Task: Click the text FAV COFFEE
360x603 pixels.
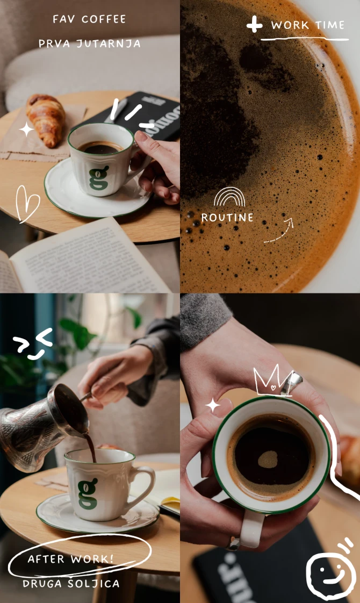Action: click(89, 19)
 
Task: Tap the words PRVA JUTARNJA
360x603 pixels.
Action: click(89, 44)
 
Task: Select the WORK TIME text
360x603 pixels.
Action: click(308, 25)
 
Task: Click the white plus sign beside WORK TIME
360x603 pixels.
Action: click(255, 25)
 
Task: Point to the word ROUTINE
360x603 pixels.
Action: click(227, 218)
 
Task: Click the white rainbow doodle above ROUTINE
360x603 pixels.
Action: click(229, 198)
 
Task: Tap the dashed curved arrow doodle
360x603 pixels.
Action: click(279, 231)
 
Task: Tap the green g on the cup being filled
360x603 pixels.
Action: click(87, 494)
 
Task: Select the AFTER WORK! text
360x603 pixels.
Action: click(71, 559)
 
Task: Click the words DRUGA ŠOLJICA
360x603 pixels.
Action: click(71, 584)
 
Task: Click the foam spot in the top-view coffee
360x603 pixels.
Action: click(268, 460)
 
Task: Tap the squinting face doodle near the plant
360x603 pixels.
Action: click(33, 343)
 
